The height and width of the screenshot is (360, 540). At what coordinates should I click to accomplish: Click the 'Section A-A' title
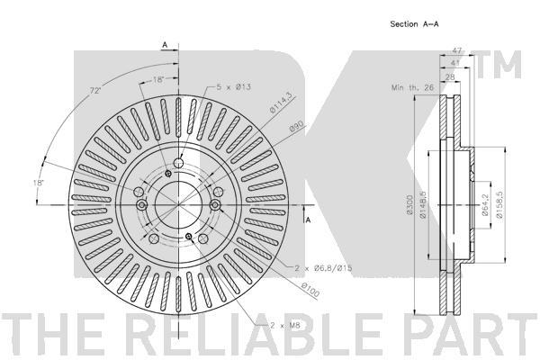[414, 24]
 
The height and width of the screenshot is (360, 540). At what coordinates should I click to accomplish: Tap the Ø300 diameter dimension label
[409, 205]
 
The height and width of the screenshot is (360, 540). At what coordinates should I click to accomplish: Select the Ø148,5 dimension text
[423, 205]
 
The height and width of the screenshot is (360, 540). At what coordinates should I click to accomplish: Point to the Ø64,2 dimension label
[485, 204]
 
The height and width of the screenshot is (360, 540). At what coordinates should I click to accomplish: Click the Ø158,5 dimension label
[499, 204]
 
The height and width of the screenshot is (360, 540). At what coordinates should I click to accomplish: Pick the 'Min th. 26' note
[412, 87]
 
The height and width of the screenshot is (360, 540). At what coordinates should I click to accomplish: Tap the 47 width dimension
[457, 50]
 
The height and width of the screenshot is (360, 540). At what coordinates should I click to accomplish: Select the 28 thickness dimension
[450, 77]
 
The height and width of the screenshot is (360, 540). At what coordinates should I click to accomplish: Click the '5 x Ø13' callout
[233, 86]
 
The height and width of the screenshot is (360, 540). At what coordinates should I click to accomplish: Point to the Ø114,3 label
[283, 103]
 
